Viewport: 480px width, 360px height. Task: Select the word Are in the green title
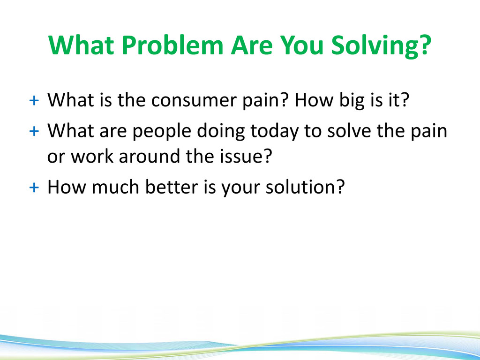coord(252,45)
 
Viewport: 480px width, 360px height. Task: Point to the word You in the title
coord(302,45)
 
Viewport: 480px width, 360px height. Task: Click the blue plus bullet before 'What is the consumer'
coord(34,100)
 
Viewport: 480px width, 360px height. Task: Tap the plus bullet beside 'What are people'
coord(34,131)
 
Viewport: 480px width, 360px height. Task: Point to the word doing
coord(221,131)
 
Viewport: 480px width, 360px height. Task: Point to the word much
coord(115,187)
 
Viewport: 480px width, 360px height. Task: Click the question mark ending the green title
coord(425,45)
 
